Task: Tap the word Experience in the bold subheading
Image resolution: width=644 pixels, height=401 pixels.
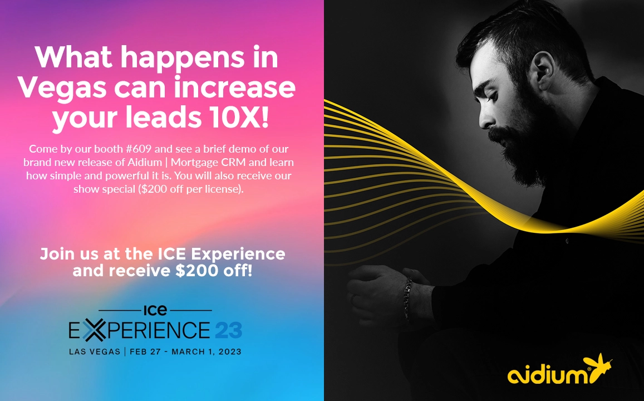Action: (238, 255)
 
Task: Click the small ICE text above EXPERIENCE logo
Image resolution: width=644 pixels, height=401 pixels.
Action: (155, 310)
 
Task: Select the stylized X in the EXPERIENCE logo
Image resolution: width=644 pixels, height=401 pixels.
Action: (94, 330)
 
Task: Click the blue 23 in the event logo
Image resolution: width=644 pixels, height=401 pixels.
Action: (228, 330)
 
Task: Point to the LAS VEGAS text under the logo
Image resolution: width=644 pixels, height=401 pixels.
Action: (95, 351)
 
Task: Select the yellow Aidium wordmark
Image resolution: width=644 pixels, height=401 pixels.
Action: (549, 374)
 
